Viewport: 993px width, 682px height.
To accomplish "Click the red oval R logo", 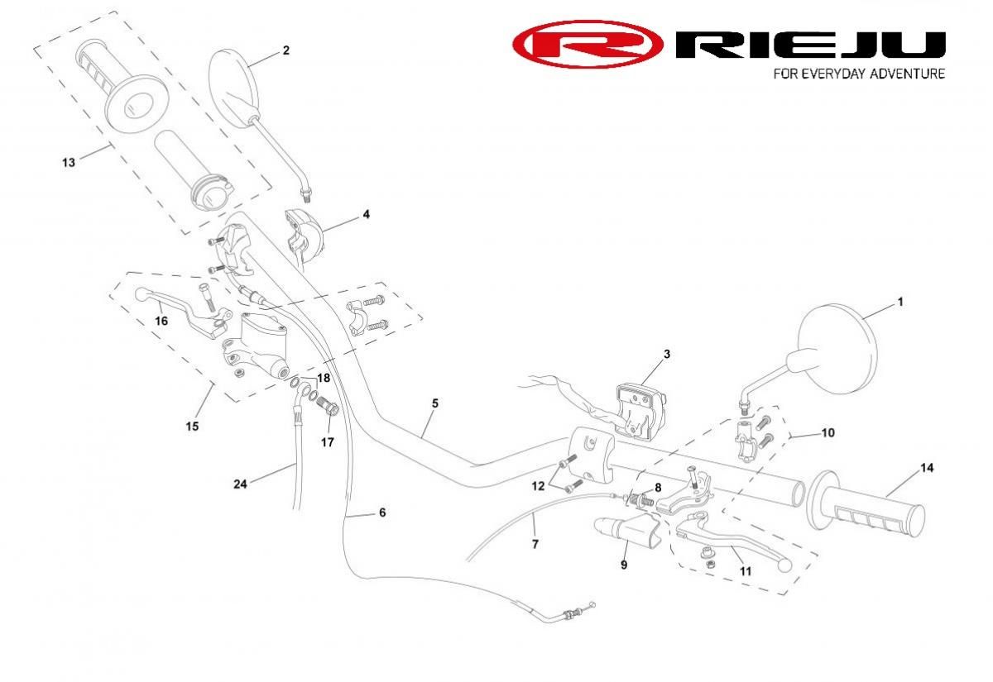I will point(587,44).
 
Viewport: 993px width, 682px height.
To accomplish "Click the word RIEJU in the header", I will point(810,45).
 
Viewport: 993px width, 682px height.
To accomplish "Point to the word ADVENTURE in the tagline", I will point(904,74).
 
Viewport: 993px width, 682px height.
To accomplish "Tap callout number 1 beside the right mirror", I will point(900,303).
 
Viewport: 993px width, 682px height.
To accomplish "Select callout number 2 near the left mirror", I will point(285,50).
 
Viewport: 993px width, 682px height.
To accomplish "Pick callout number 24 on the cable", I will point(240,484).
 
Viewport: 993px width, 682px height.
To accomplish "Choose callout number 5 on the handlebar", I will point(434,403).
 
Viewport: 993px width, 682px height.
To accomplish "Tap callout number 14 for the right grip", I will point(927,469).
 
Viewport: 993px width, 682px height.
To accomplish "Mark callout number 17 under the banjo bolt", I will point(328,442).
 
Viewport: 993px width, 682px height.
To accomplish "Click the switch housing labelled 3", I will point(638,410).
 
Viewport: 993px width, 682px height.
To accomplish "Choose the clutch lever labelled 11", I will point(736,541).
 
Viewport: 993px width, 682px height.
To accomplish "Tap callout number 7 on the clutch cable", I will point(535,544).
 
